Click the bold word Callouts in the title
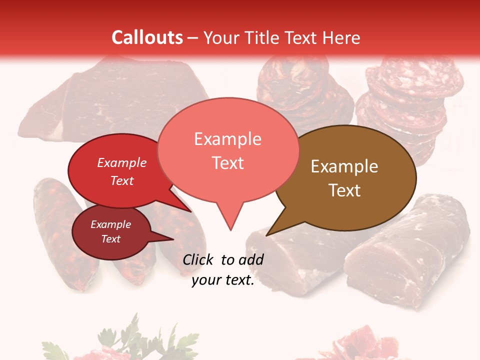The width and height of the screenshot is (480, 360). (147, 37)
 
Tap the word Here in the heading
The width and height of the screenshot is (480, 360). (342, 37)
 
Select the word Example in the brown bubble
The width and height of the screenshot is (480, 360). (344, 166)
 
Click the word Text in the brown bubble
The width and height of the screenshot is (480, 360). (344, 190)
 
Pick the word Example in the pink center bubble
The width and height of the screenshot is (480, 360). (227, 139)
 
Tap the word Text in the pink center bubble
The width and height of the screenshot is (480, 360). (227, 163)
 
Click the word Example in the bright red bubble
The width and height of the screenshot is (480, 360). (121, 162)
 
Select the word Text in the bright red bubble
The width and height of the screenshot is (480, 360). (121, 180)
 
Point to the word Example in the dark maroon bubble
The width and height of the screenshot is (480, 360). (110, 224)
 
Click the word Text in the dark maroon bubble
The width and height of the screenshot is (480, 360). (110, 239)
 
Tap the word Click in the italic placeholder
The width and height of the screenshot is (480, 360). (199, 259)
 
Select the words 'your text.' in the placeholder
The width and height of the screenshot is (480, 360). (223, 280)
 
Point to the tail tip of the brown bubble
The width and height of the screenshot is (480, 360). (267, 235)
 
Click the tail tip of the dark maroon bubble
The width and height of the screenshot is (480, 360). (173, 239)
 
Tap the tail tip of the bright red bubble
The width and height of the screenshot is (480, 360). (190, 211)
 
